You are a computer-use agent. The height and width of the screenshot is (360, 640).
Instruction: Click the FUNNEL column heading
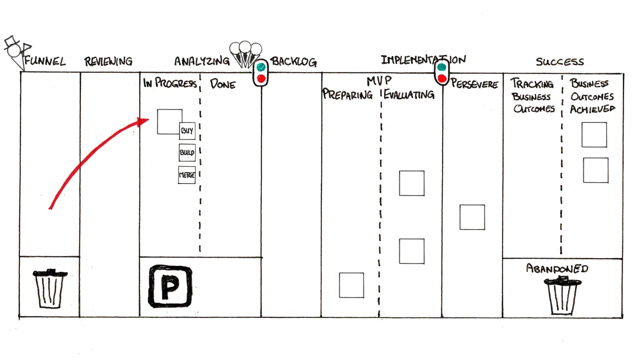click(45, 61)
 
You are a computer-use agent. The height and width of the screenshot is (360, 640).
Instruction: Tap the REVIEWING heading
click(108, 61)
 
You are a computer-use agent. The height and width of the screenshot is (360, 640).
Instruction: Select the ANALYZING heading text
click(202, 61)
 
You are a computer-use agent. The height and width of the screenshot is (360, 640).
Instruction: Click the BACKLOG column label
click(293, 61)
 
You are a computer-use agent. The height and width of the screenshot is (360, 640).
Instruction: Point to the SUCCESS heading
click(559, 61)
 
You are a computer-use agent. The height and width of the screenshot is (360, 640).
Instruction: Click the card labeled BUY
click(187, 131)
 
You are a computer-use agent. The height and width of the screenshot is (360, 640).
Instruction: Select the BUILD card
click(187, 152)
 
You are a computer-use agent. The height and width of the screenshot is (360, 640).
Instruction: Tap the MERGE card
click(187, 175)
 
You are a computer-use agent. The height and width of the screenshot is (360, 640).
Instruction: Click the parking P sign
click(170, 286)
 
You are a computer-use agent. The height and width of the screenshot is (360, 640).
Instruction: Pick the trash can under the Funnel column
click(49, 288)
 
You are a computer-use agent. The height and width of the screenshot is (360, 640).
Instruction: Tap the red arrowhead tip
click(148, 120)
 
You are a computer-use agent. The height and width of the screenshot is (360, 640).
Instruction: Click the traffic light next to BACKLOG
click(261, 73)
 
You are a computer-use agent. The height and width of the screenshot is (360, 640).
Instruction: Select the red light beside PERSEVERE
click(442, 78)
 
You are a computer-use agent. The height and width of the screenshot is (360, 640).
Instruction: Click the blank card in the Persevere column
click(472, 217)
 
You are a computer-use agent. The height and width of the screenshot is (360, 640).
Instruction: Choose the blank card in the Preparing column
click(351, 285)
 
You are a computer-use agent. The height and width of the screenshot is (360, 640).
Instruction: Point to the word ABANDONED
click(557, 268)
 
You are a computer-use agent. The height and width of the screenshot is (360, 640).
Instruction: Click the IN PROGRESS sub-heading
click(170, 83)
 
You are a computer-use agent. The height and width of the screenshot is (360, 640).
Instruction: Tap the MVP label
click(379, 81)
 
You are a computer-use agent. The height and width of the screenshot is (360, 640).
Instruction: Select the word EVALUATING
click(409, 94)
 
